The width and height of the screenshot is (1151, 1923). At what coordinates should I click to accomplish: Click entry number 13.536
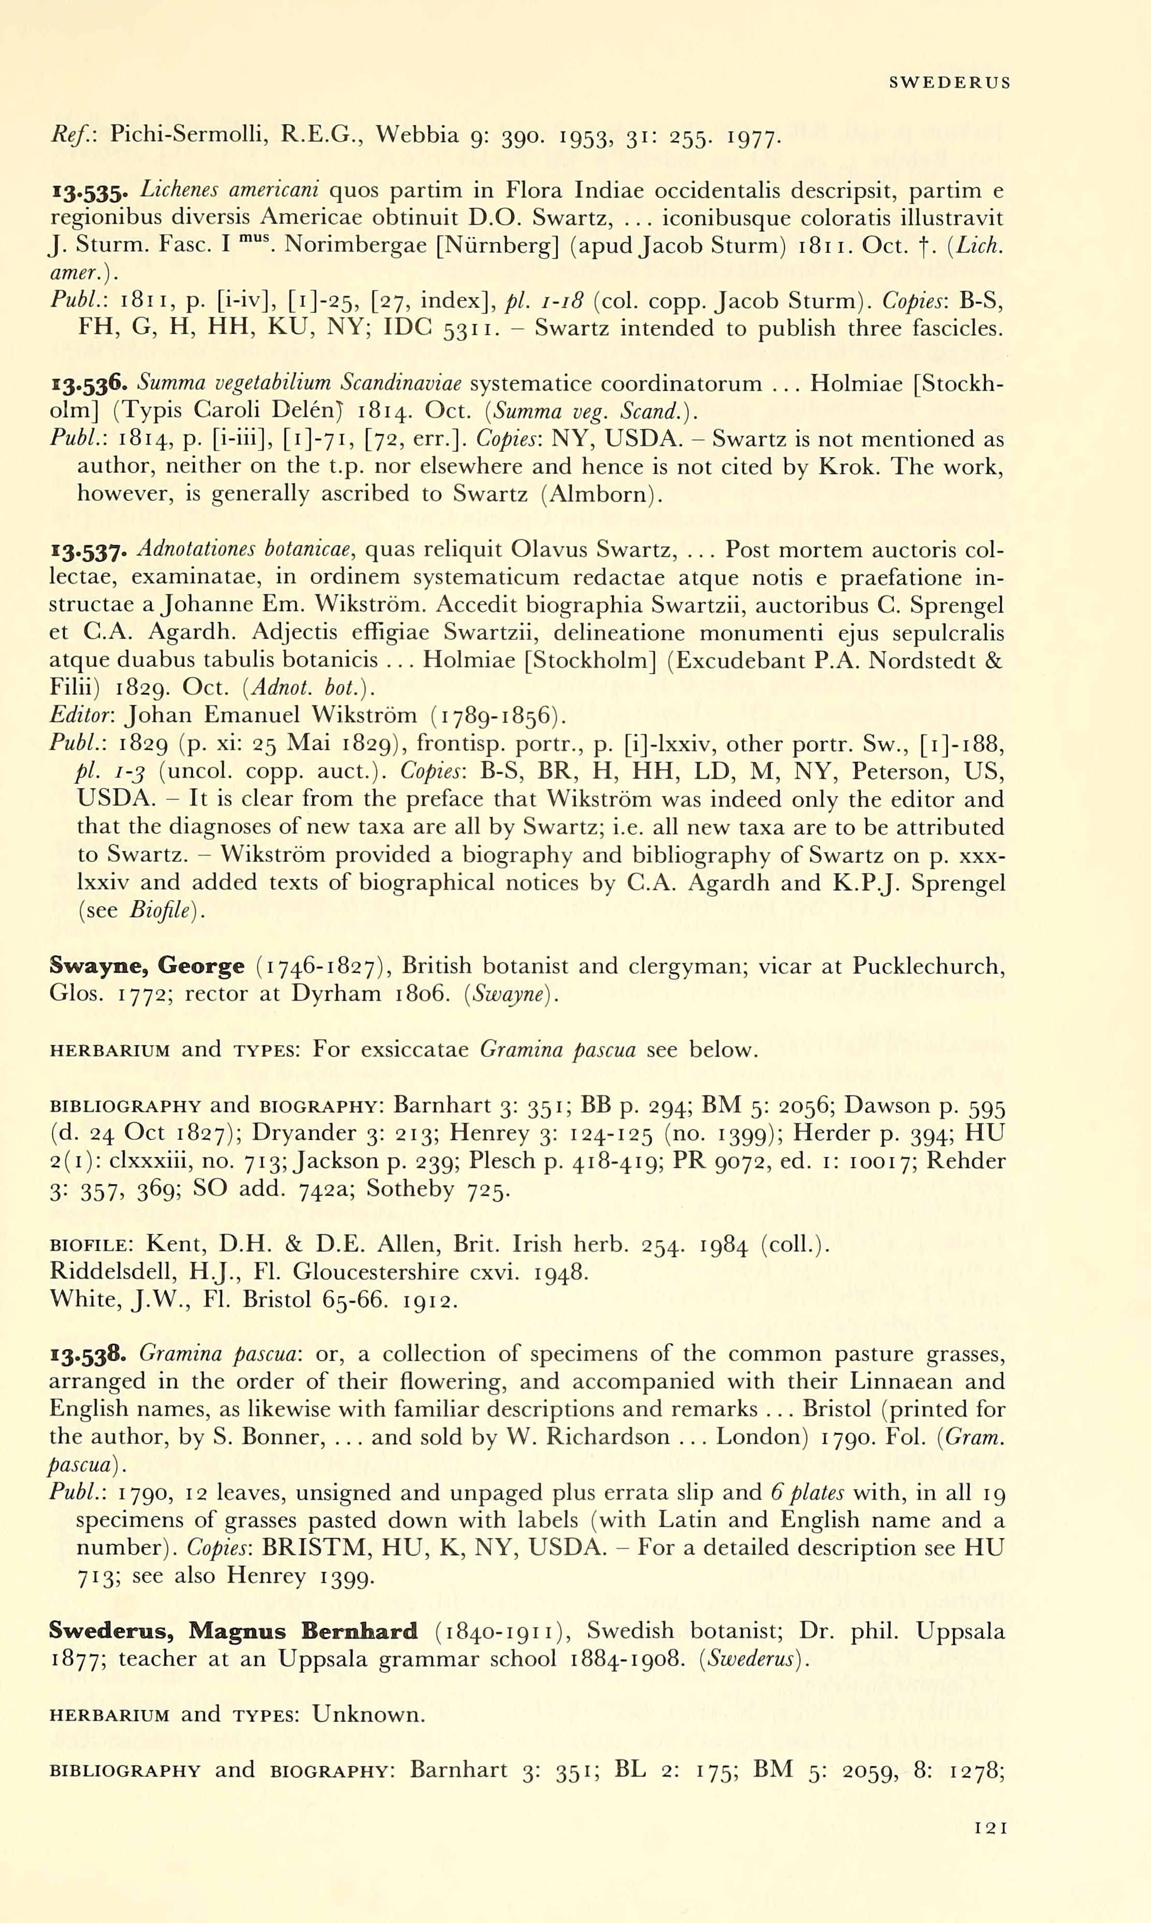[89, 384]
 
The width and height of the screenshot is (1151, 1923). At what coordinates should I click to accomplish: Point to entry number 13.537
[89, 551]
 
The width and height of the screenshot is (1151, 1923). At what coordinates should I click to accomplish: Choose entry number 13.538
[89, 1355]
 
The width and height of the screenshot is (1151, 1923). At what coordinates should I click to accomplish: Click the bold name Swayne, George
[146, 966]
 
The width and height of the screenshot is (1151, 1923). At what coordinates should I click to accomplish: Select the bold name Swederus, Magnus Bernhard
[233, 1631]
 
